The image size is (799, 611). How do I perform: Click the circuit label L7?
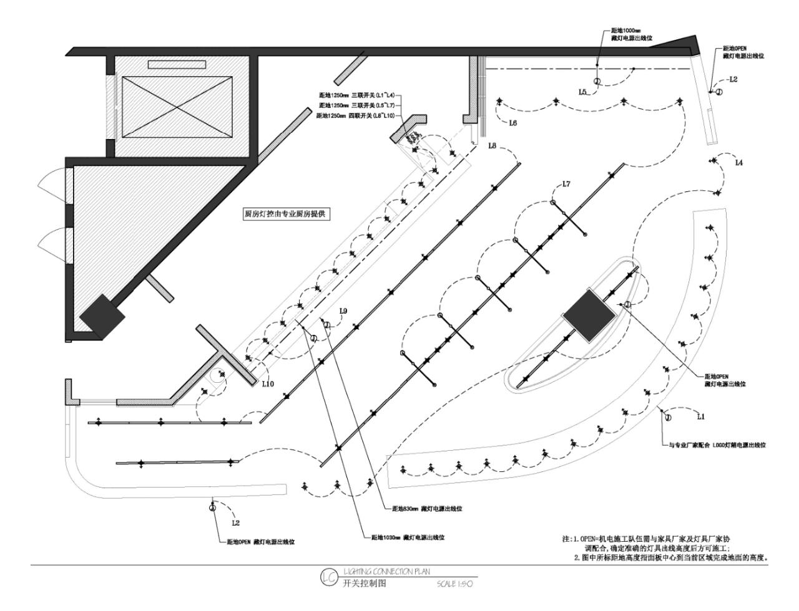(x=566, y=183)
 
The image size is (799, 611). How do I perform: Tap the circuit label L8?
(x=492, y=146)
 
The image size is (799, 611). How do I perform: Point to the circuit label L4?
(x=738, y=163)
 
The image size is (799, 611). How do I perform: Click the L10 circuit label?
(x=267, y=384)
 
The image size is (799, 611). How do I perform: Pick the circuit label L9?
(x=343, y=310)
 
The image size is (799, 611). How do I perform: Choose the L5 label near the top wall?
(x=583, y=92)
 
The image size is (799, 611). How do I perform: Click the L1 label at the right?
(x=700, y=416)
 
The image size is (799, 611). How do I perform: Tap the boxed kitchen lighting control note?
(x=286, y=213)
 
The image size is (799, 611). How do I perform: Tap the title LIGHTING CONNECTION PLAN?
(x=386, y=570)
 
